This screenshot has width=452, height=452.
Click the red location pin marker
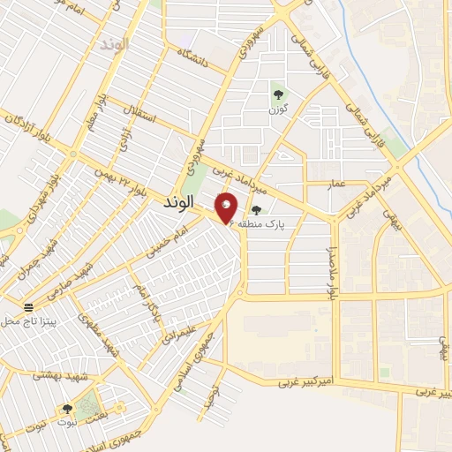click(227, 207)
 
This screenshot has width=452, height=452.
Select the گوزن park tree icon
click(279, 94)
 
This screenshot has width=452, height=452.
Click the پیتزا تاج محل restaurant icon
click(29, 307)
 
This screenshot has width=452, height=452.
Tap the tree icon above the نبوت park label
click(67, 409)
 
